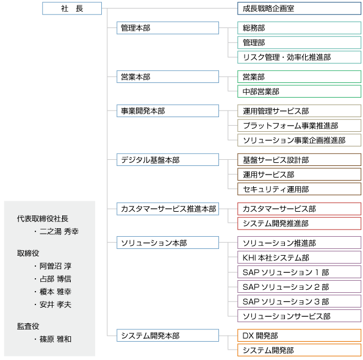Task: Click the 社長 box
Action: (72, 9)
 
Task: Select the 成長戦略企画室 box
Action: (299, 9)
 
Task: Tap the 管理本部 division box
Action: (168, 28)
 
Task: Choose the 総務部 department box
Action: (299, 28)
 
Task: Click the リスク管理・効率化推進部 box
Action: (299, 57)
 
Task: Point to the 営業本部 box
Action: (168, 77)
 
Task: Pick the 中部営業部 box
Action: (299, 91)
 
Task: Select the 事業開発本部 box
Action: (168, 110)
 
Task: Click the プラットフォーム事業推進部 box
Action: (299, 126)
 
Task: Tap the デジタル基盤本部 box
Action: (168, 159)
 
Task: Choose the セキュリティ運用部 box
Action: (299, 189)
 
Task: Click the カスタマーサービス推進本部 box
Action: (168, 209)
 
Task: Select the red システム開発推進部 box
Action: (299, 223)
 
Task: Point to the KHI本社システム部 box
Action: (299, 257)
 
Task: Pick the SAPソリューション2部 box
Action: (299, 287)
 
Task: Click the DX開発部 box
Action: (299, 335)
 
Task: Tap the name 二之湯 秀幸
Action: (59, 231)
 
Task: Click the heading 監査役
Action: (28, 326)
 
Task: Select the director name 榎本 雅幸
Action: (56, 292)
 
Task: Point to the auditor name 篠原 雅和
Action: (56, 339)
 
